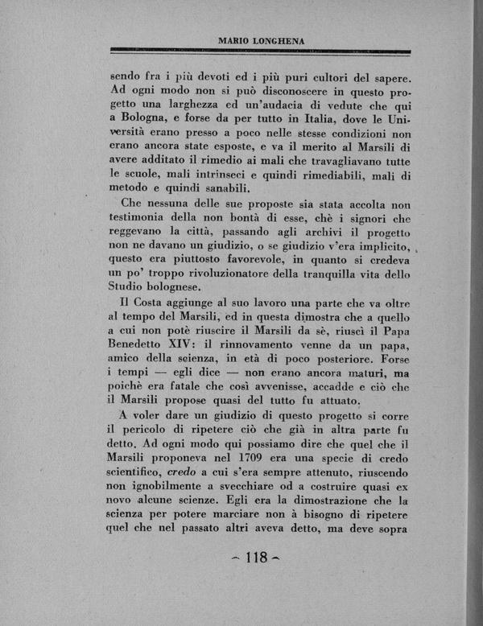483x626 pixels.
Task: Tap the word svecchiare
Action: coord(258,488)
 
